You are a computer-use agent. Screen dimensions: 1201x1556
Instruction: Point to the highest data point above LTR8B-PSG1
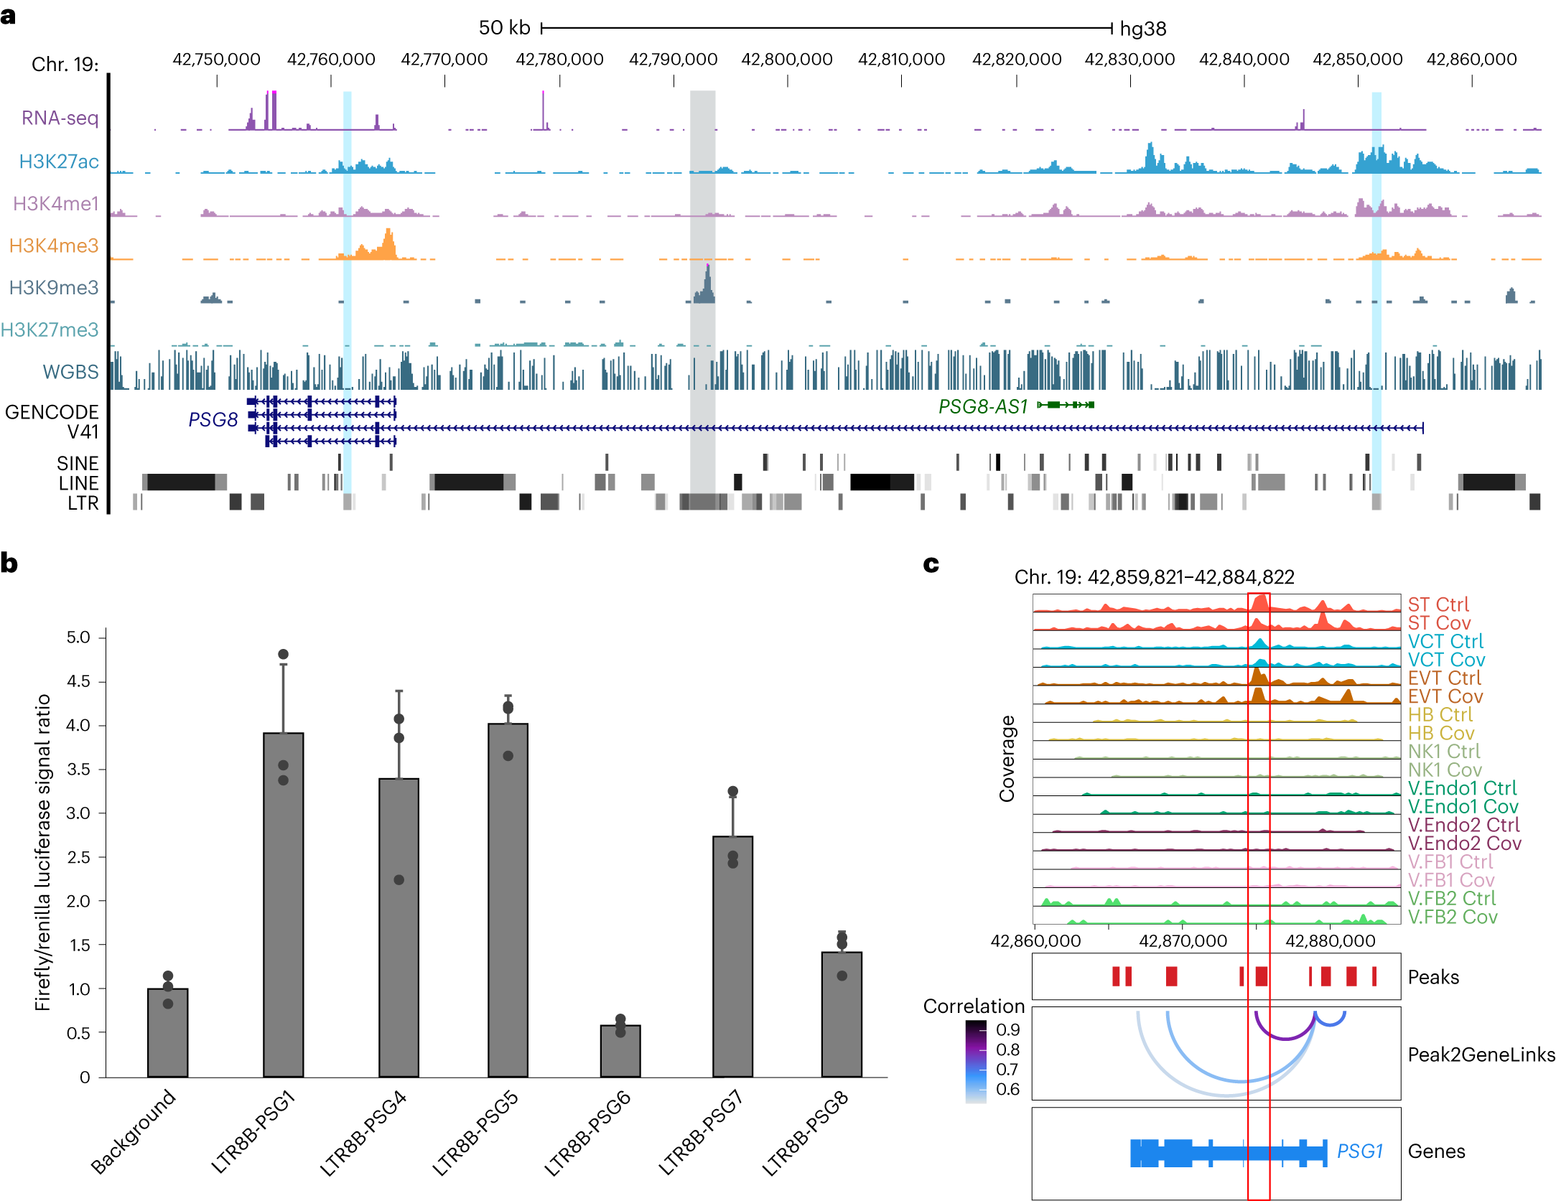283,654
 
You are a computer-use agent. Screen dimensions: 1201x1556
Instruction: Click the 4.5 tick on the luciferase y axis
78,681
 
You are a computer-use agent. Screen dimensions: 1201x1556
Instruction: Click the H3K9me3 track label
54,288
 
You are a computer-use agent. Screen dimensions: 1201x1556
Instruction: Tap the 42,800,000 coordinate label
787,60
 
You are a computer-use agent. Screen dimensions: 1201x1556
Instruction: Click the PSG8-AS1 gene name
983,406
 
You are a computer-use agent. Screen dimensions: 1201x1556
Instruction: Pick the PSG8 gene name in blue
213,419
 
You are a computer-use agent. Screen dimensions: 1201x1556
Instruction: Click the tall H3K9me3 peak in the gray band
707,284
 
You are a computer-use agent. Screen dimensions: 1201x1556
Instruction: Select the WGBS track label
70,372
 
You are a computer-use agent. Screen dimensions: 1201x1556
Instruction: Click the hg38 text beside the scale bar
1143,29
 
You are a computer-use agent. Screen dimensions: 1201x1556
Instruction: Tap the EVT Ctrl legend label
1444,678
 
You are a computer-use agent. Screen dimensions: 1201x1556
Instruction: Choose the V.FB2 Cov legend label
1452,917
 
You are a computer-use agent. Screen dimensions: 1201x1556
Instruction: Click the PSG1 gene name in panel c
1359,1151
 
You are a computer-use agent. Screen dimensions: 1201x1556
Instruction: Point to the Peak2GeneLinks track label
1481,1055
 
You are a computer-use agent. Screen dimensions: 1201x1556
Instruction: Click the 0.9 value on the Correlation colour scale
1007,1029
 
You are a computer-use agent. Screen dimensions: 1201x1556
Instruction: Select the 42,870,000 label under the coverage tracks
1183,940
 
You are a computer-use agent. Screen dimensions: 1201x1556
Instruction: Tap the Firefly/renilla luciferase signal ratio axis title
43,852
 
